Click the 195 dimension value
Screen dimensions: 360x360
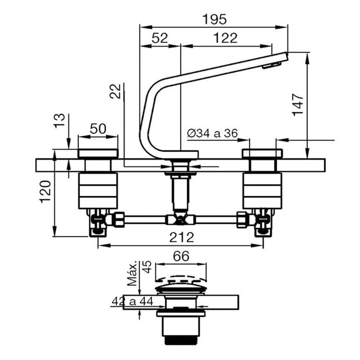[214, 19]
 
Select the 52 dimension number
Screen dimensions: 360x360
[160, 38]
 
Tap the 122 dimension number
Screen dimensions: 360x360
[225, 38]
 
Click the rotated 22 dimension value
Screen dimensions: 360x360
[115, 91]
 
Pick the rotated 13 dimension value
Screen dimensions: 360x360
[59, 121]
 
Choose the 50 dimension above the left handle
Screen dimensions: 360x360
[98, 129]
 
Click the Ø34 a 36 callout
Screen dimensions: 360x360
[212, 133]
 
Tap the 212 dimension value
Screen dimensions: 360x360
[182, 237]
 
